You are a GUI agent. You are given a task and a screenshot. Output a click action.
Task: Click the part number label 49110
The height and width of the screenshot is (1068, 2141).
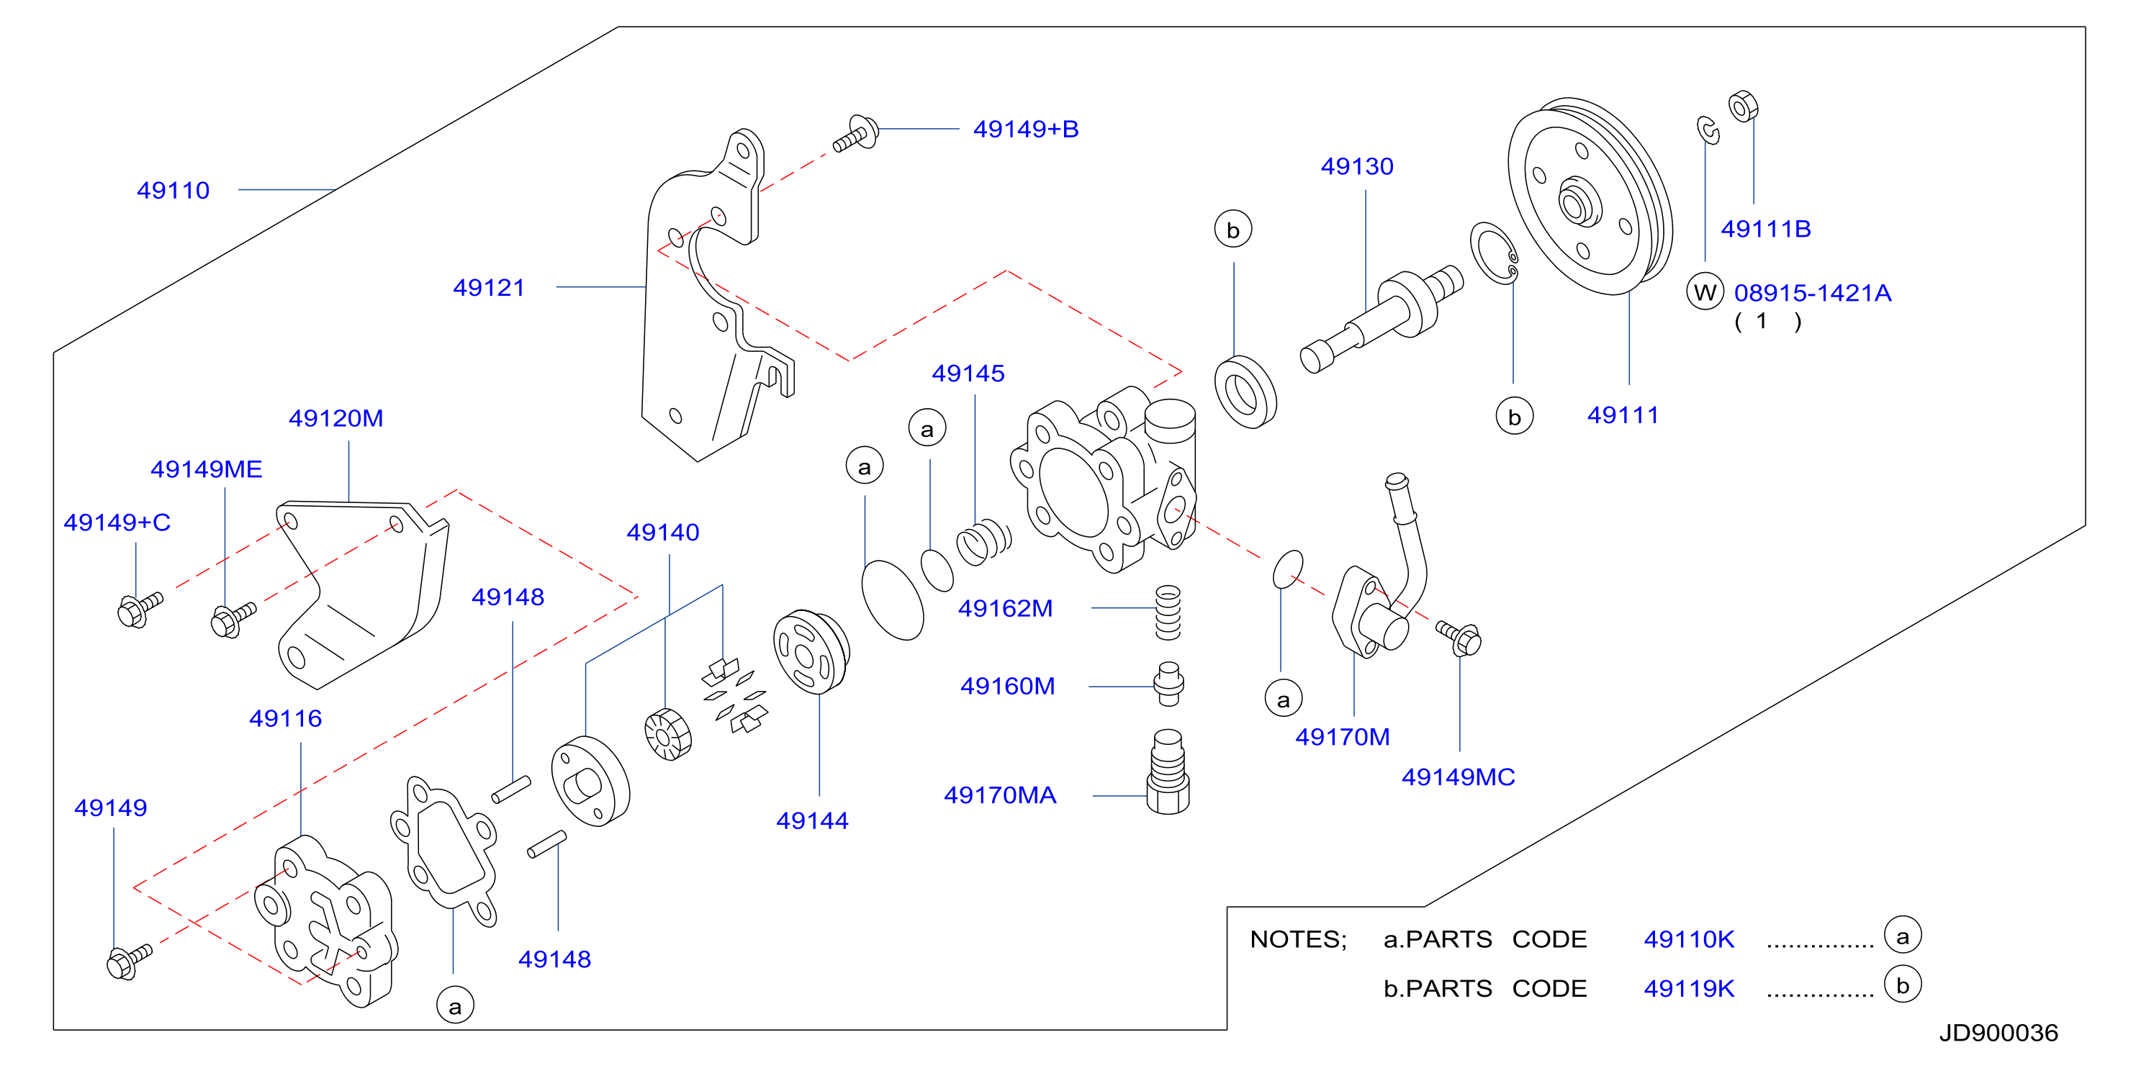pos(173,190)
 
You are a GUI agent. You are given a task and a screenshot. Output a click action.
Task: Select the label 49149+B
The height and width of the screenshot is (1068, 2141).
pos(1026,129)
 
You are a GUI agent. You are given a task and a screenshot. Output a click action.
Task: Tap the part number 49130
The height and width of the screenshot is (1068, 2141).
pos(1356,166)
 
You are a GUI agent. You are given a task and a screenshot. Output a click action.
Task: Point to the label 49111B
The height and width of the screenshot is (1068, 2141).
pos(1765,229)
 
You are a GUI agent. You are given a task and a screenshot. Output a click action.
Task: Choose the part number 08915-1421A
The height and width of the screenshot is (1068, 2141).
pos(1812,293)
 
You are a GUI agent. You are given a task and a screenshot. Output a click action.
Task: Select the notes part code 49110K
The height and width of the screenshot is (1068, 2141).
pos(1689,939)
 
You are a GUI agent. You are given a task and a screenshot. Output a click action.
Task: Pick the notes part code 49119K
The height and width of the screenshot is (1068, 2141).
pos(1689,988)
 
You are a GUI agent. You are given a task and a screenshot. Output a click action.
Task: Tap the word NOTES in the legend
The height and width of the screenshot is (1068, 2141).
pos(1297,939)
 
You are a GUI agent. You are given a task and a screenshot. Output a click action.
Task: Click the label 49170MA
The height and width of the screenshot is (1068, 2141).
pos(1000,795)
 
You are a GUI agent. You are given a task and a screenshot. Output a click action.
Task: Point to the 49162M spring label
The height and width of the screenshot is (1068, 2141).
pos(1005,608)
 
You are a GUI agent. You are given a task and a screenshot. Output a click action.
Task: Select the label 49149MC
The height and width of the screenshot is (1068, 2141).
pos(1458,777)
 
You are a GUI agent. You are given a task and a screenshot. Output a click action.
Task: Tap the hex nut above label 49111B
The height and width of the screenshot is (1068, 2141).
pos(1743,107)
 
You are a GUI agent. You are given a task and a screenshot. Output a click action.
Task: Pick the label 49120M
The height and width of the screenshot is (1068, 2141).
pos(335,418)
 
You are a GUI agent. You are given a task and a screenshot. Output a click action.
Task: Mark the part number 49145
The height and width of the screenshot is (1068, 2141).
pos(968,374)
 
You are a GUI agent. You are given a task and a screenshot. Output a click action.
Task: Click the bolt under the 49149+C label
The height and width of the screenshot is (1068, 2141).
pos(140,610)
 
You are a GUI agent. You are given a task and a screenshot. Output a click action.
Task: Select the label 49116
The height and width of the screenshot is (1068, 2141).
pos(285,718)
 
